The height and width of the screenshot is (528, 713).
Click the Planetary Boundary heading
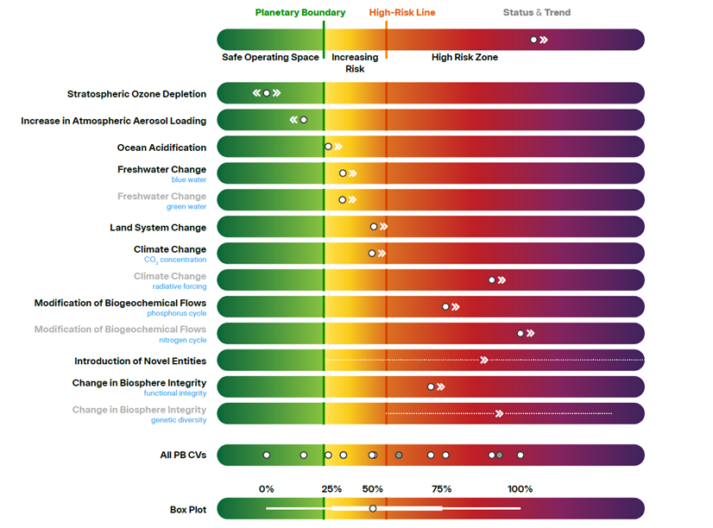point(300,12)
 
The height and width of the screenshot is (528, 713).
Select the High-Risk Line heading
point(402,12)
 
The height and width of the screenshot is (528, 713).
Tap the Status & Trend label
point(537,12)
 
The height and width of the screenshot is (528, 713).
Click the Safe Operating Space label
point(270,57)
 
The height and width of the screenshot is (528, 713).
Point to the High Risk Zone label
point(464,57)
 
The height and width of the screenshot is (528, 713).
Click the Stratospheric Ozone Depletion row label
point(136,94)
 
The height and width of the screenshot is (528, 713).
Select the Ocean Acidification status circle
point(328,147)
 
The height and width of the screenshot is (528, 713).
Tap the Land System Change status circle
point(373,227)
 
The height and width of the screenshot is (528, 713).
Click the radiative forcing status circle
point(491,280)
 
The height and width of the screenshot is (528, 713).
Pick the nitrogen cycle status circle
point(521,334)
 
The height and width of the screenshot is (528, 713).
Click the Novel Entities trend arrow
point(484,360)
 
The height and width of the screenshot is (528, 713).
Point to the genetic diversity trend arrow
point(499,413)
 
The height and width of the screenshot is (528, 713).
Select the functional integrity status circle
point(431,387)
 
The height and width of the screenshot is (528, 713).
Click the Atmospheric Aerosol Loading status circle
point(303,120)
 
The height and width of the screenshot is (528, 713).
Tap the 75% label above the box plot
point(442,489)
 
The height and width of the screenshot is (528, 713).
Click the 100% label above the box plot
point(521,489)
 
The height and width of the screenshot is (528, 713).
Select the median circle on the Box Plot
point(373,508)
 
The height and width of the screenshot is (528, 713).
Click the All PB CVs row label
point(183,455)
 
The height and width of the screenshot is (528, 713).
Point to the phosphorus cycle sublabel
point(176,313)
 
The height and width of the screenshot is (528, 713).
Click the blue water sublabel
point(189,180)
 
